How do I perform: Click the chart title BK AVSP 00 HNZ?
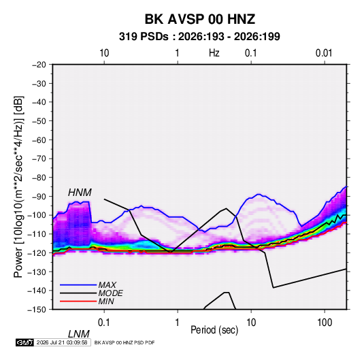point(200,19)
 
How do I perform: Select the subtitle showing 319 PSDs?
point(199,37)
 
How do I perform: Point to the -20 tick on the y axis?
point(39,65)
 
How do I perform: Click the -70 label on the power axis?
point(39,159)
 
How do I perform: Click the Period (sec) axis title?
point(214,330)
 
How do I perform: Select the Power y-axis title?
point(18,186)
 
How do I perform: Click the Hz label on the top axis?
point(214,53)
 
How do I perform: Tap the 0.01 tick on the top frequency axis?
point(324,53)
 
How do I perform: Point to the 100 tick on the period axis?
point(325,323)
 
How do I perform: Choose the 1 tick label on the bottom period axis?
point(177,323)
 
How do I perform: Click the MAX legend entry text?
point(107,285)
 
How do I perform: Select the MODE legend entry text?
point(110,293)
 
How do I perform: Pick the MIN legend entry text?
point(106,301)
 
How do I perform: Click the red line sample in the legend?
point(78,301)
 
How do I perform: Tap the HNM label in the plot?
point(80,193)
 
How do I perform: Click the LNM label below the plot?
point(79,334)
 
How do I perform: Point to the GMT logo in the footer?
point(24,342)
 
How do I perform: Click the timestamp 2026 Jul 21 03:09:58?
point(62,342)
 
